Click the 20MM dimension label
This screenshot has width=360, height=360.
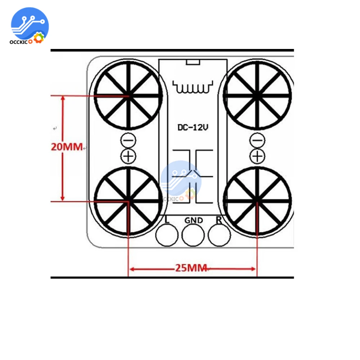(67, 147)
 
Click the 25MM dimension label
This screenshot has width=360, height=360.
(191, 268)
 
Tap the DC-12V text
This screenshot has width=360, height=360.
(193, 127)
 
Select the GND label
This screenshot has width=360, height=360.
(194, 220)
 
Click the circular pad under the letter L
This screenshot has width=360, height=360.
(167, 235)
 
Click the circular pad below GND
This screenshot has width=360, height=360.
(193, 235)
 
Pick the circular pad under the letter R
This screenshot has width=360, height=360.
(219, 235)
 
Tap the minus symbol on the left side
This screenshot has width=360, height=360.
(129, 140)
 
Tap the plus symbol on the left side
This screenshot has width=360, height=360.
(129, 157)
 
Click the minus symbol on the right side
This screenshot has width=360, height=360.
(257, 140)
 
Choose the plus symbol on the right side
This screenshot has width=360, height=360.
(257, 157)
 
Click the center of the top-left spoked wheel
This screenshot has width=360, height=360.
(129, 95)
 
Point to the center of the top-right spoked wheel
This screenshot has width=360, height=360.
(257, 95)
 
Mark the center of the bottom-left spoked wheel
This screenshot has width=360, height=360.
(129, 201)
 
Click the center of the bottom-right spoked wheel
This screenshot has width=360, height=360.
(257, 201)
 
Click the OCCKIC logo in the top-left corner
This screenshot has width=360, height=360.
(30, 26)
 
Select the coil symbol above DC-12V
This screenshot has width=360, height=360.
(193, 87)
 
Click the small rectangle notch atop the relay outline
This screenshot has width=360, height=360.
(193, 62)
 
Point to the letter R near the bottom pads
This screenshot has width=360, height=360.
(219, 220)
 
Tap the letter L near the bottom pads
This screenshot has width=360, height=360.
(167, 220)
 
